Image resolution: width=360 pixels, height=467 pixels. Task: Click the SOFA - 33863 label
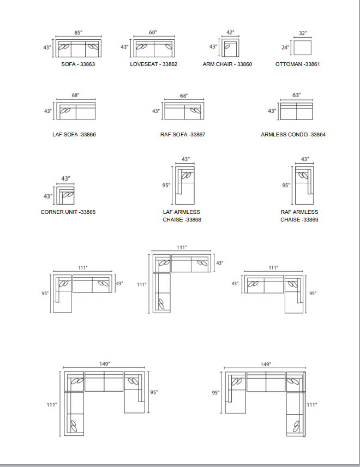78,64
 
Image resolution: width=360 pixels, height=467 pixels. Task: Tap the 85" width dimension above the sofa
79,33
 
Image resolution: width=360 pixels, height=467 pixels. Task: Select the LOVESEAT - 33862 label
154,64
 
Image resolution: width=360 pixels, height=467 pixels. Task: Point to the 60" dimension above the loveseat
153,32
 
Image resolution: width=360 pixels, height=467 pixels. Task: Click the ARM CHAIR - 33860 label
227,64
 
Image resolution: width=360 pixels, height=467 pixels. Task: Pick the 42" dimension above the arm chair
231,32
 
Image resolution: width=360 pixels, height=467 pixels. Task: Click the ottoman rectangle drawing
303,47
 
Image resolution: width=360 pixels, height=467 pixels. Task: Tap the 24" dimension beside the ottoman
285,47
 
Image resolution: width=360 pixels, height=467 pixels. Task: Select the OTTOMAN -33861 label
297,64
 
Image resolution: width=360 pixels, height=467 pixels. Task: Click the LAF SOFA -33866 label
74,135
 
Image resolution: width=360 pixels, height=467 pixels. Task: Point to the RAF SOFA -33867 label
183,135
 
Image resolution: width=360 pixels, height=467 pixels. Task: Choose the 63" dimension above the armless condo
297,95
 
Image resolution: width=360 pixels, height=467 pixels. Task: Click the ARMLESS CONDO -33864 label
293,135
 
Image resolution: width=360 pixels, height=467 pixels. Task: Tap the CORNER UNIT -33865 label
68,212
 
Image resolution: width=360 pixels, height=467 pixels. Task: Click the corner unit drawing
65,196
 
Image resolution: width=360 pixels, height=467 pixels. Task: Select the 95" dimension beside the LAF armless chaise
166,185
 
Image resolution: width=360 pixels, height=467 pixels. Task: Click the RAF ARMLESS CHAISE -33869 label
299,215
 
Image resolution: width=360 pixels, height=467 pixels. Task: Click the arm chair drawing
231,47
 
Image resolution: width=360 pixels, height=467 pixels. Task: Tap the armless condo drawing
297,111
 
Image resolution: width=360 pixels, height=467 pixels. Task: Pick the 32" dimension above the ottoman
303,33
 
